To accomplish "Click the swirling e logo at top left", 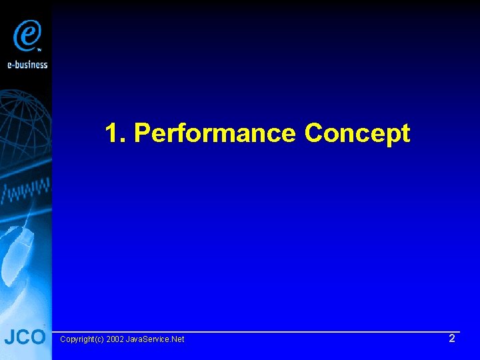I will coord(27,34).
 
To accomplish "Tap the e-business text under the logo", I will coord(27,64).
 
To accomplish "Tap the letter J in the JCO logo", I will coord(9,337).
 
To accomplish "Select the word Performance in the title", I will coord(215,133).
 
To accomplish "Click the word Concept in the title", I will coord(357,133).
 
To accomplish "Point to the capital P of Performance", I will coord(141,133).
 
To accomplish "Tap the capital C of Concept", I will coord(313,133).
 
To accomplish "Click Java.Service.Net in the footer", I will coord(155,339).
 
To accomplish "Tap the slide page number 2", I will coord(451,339).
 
